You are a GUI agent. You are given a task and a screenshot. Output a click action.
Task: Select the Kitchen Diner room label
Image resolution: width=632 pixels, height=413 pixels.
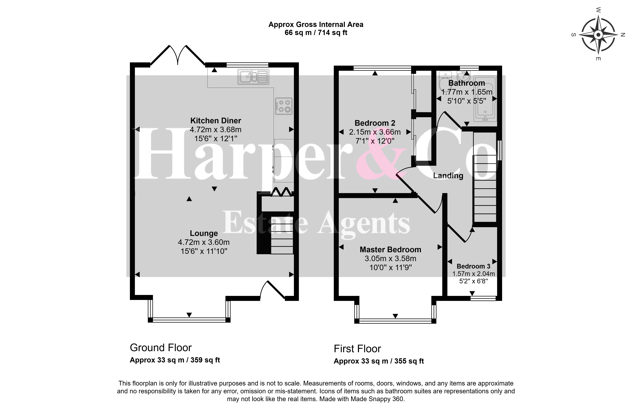216,121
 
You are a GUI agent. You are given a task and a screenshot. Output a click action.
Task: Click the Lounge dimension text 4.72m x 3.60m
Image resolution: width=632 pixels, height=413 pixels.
204,242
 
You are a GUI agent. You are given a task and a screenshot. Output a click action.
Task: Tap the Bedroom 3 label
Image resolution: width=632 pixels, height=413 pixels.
474,266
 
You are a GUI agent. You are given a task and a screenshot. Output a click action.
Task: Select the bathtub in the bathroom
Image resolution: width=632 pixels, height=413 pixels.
485,99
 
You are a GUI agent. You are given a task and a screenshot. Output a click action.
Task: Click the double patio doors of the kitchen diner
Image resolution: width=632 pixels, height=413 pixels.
178,55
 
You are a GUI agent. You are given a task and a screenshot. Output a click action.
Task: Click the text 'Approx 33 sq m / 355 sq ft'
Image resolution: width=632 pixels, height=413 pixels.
379,361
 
